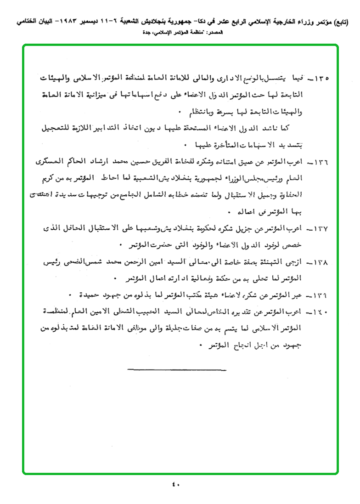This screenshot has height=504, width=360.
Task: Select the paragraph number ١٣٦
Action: (x=324, y=163)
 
